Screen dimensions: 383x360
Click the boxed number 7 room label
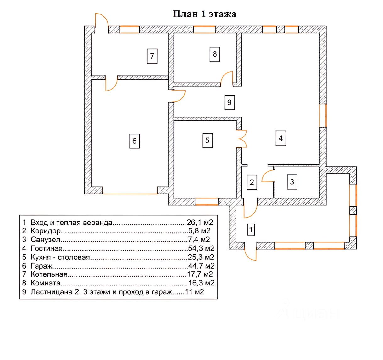point(152,56)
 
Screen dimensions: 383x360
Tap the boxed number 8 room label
point(215,54)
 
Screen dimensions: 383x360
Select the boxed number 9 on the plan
point(230,102)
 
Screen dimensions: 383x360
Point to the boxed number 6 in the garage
point(134,141)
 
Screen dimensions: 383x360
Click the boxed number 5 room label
point(207,140)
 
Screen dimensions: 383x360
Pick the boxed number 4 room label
point(281,138)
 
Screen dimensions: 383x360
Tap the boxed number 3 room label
point(292,181)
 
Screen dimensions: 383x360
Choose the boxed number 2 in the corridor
point(252,182)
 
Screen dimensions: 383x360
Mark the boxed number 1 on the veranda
point(251,230)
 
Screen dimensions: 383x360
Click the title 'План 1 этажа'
point(204,14)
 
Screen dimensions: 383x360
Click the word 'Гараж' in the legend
point(42,266)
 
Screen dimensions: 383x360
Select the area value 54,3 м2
point(201,249)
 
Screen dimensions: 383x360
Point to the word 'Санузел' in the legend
point(45,240)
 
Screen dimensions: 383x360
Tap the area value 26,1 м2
point(200,223)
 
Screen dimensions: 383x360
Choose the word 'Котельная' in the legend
point(49,274)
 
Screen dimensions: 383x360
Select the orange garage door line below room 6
point(130,194)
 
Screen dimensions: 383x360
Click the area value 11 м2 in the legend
point(195,292)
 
